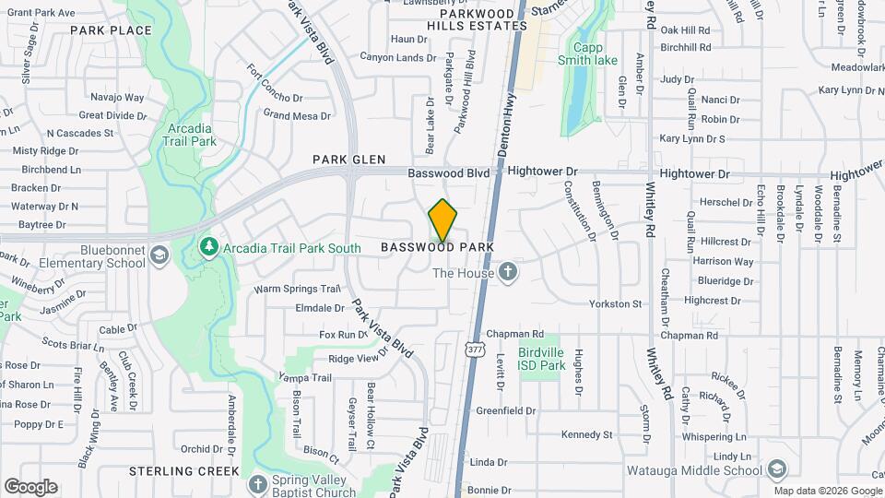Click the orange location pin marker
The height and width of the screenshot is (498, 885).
442,220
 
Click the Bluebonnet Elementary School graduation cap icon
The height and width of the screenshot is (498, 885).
159,255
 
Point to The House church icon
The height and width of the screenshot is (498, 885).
507,272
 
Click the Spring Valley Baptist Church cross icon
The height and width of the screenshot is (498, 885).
257,483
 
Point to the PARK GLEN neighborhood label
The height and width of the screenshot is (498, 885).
348,160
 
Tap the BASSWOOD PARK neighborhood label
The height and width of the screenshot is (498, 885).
437,247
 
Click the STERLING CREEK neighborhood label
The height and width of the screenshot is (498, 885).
184,470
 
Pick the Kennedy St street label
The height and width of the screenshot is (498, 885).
586,434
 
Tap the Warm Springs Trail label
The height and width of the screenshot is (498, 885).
298,289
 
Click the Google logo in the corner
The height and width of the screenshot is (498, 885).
29,487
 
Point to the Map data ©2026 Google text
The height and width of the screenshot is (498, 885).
827,491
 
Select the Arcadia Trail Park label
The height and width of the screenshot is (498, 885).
192,136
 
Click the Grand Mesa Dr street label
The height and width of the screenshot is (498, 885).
297,115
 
